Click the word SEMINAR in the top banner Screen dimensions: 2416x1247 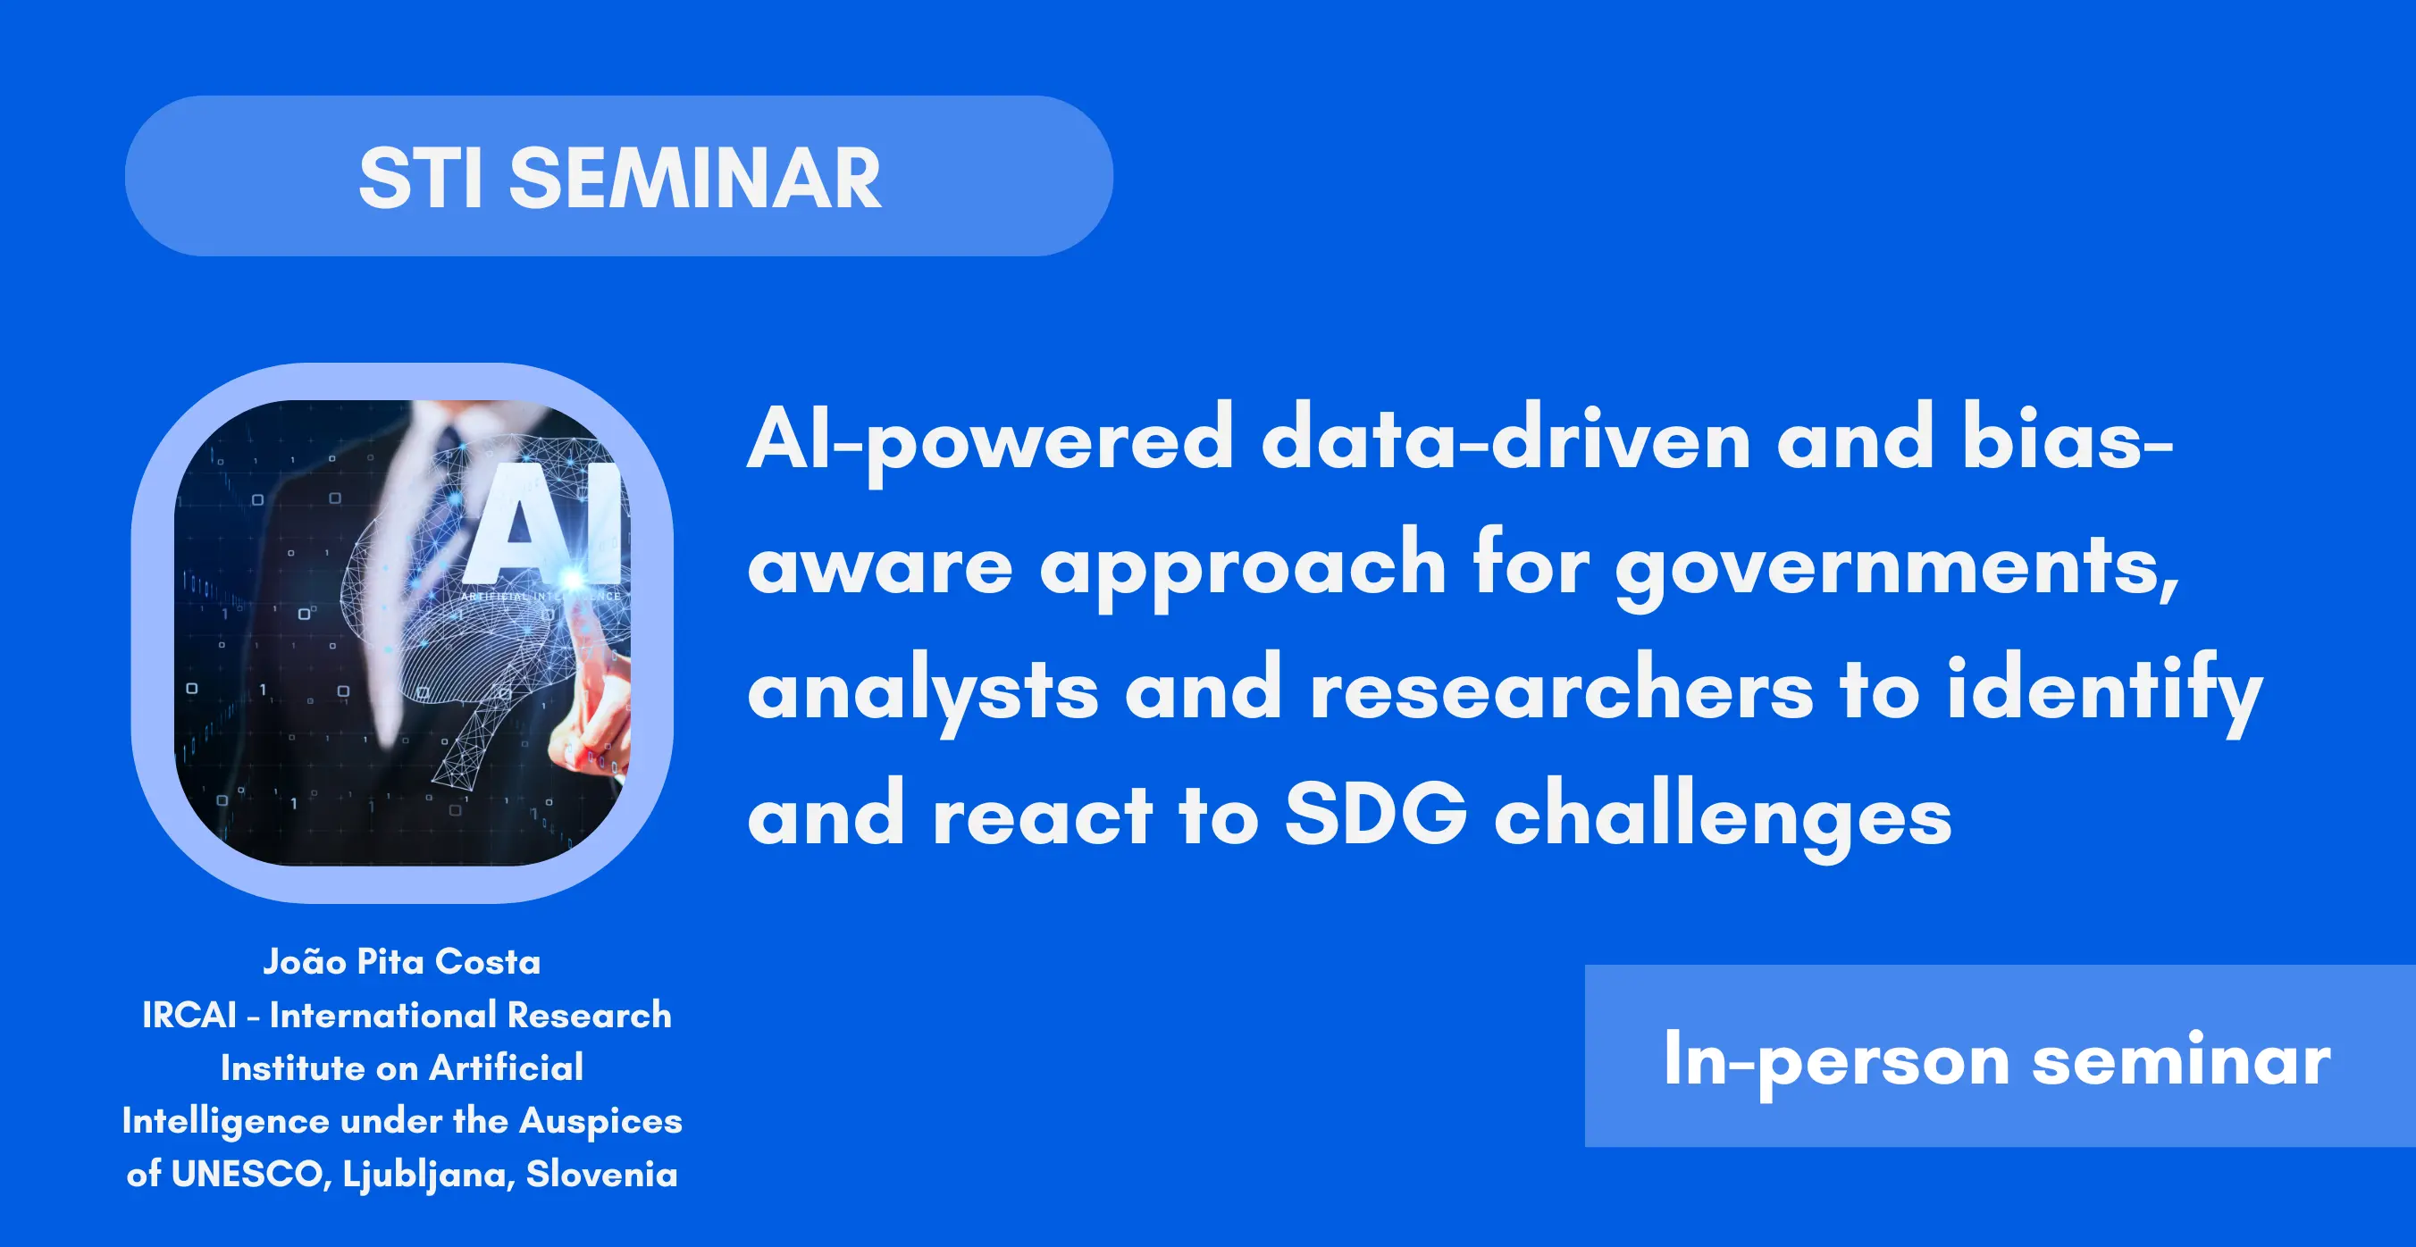(695, 177)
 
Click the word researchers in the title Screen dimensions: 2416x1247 (1561, 690)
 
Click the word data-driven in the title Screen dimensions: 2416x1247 (1506, 437)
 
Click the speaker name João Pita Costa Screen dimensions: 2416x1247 (401, 962)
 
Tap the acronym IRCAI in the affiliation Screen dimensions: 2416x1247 (189, 1016)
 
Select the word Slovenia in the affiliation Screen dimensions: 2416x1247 (601, 1174)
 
